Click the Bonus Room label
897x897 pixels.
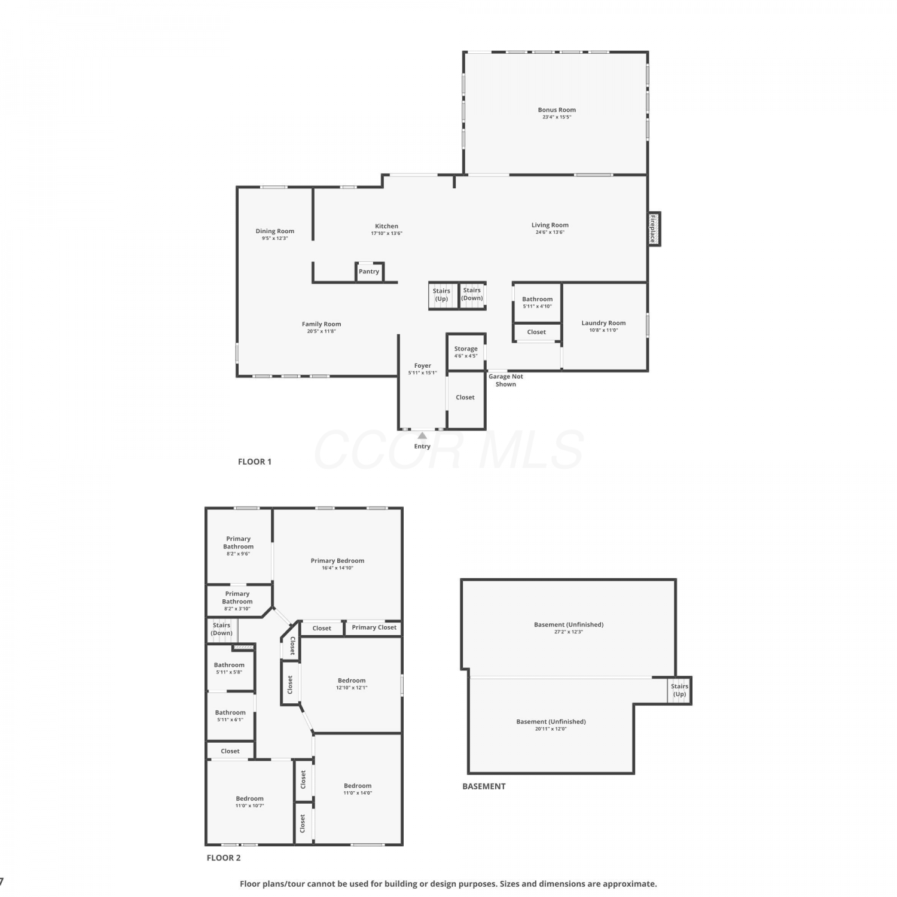[x=557, y=110]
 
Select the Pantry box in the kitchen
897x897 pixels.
[x=369, y=271]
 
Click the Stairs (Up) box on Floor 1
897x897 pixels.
[x=443, y=295]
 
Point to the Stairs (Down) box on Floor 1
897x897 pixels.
[x=472, y=295]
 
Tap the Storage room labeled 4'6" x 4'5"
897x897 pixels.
[x=466, y=352]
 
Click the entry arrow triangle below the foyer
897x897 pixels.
[x=422, y=435]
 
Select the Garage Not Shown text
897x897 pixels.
[x=506, y=380]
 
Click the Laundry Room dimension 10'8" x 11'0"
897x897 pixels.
[x=603, y=330]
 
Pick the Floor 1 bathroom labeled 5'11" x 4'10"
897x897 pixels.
[x=537, y=303]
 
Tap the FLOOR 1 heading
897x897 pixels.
[x=255, y=462]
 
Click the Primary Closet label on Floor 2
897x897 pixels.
[x=374, y=627]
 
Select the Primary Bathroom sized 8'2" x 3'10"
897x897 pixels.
[x=237, y=601]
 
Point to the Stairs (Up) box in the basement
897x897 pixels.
[x=679, y=690]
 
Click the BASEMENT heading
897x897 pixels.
[x=484, y=786]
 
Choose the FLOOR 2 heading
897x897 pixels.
[x=224, y=858]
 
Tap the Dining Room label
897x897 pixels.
[x=275, y=231]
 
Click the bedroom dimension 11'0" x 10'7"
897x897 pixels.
[x=249, y=806]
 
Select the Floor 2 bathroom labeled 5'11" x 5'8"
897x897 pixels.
[x=230, y=668]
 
